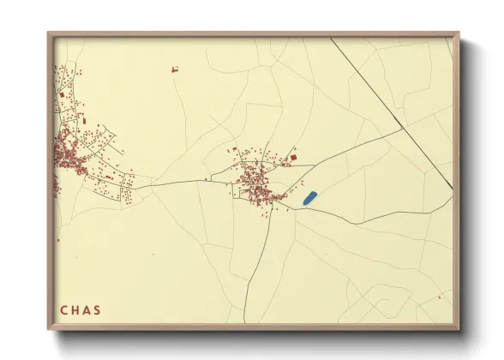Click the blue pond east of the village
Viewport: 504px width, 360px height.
[x=310, y=198]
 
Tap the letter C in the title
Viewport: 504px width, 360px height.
[x=64, y=309]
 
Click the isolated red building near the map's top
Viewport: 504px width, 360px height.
[x=174, y=69]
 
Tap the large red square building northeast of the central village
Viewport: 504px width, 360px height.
[x=293, y=158]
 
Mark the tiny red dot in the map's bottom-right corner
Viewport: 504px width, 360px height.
[x=439, y=297]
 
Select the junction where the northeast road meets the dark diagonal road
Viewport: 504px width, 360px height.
[x=402, y=129]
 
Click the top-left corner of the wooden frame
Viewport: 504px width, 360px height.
[x=48, y=33]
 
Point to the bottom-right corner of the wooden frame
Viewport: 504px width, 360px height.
[x=459, y=330]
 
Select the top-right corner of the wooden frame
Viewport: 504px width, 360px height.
[x=459, y=33]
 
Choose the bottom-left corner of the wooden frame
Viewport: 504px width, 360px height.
[x=48, y=330]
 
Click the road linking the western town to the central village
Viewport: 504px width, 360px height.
[x=171, y=182]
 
